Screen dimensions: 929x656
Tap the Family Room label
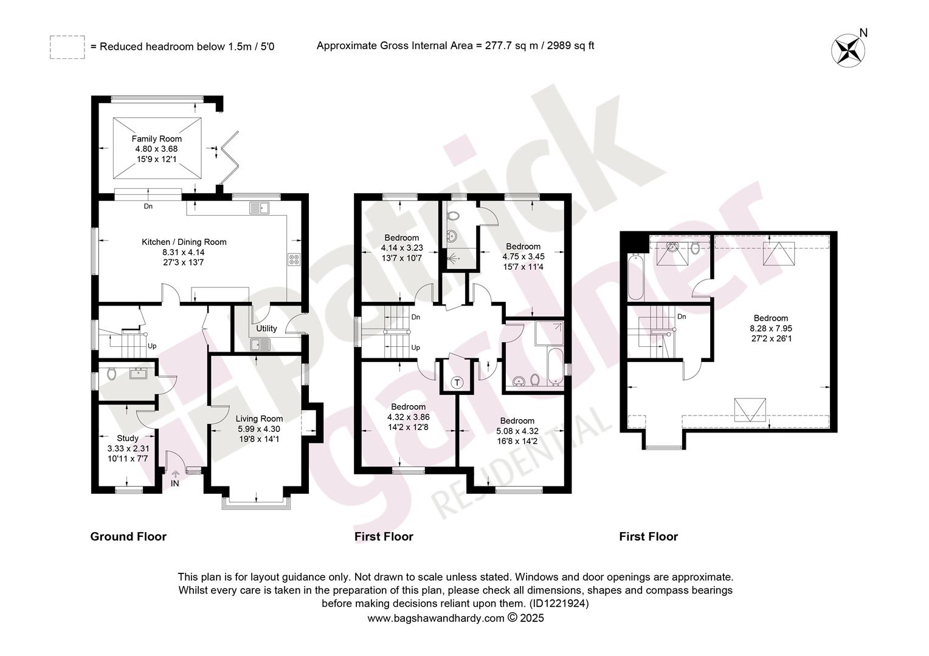pos(156,139)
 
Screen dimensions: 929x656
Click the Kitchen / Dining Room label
pos(184,242)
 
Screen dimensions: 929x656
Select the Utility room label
pos(266,328)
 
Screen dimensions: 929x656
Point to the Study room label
pos(128,438)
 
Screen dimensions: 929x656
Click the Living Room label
pos(259,419)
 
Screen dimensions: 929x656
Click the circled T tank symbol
pos(457,382)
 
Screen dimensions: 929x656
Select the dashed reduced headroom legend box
pos(67,47)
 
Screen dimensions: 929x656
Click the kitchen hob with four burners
pos(294,260)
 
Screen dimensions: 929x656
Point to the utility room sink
pos(260,344)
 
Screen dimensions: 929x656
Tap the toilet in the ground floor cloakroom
pos(111,374)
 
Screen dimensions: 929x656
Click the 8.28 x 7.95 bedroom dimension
pos(770,328)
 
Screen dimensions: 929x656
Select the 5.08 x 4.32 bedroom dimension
pos(517,431)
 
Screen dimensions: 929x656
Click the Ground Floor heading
pos(128,537)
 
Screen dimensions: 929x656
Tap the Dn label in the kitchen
pos(148,207)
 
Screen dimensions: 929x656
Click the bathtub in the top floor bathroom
pos(635,278)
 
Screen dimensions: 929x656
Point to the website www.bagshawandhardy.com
pos(436,618)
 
